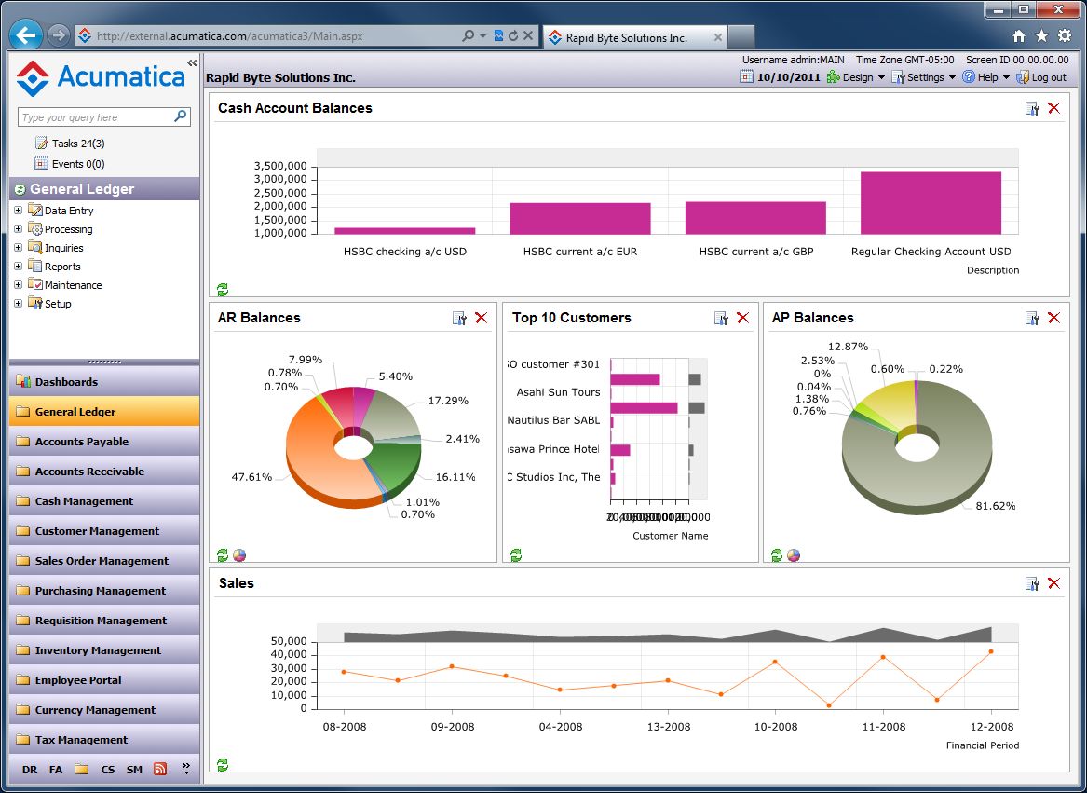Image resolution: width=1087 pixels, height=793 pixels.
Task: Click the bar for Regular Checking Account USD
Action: point(931,202)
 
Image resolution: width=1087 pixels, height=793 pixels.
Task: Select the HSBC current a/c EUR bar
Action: point(579,218)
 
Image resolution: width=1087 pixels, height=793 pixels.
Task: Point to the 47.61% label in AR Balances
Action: point(251,477)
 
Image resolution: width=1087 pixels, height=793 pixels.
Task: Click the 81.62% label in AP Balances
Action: point(995,506)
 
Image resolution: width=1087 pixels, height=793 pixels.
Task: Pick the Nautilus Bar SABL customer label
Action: point(553,420)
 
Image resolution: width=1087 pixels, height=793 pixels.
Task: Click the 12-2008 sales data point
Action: point(990,651)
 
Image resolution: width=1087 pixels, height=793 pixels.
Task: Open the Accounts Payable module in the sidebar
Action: point(82,442)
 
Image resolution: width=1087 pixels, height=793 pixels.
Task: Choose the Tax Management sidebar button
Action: point(81,740)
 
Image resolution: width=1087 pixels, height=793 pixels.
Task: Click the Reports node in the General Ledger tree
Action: point(62,267)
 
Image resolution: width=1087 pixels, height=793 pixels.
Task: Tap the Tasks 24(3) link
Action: point(78,144)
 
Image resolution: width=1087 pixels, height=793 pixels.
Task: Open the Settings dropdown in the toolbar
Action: point(925,77)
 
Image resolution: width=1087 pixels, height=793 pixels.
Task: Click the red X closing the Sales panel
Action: point(1053,583)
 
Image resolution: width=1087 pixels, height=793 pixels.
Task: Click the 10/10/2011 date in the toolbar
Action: point(788,77)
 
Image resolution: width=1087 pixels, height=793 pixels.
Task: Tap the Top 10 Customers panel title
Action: point(571,318)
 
